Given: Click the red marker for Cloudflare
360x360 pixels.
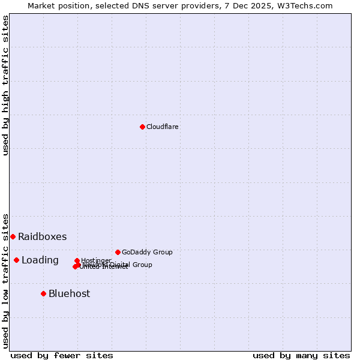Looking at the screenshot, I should point(142,127).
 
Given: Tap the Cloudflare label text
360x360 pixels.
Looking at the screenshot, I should point(163,127).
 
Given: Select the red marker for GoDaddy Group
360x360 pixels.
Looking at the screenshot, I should point(118,252).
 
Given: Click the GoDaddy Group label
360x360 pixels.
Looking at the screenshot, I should point(147,252).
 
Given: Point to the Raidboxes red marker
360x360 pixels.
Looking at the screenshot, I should point(13,236).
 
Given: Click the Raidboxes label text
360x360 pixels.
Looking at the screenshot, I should point(43,236).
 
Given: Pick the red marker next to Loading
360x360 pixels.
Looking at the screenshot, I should point(16,260).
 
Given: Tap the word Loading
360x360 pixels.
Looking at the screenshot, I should point(40,260).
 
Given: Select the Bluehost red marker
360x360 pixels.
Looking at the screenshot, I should point(43,293).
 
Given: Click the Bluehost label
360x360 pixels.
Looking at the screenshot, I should point(70,293).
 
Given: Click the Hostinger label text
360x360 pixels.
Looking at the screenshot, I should point(96,260).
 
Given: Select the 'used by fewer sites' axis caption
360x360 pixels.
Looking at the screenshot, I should point(62,355).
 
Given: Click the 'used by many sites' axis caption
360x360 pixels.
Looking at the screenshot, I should point(301,355).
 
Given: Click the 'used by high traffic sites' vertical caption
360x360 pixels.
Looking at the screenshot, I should point(5,85).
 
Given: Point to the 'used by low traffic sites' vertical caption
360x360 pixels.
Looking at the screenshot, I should point(5,280).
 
